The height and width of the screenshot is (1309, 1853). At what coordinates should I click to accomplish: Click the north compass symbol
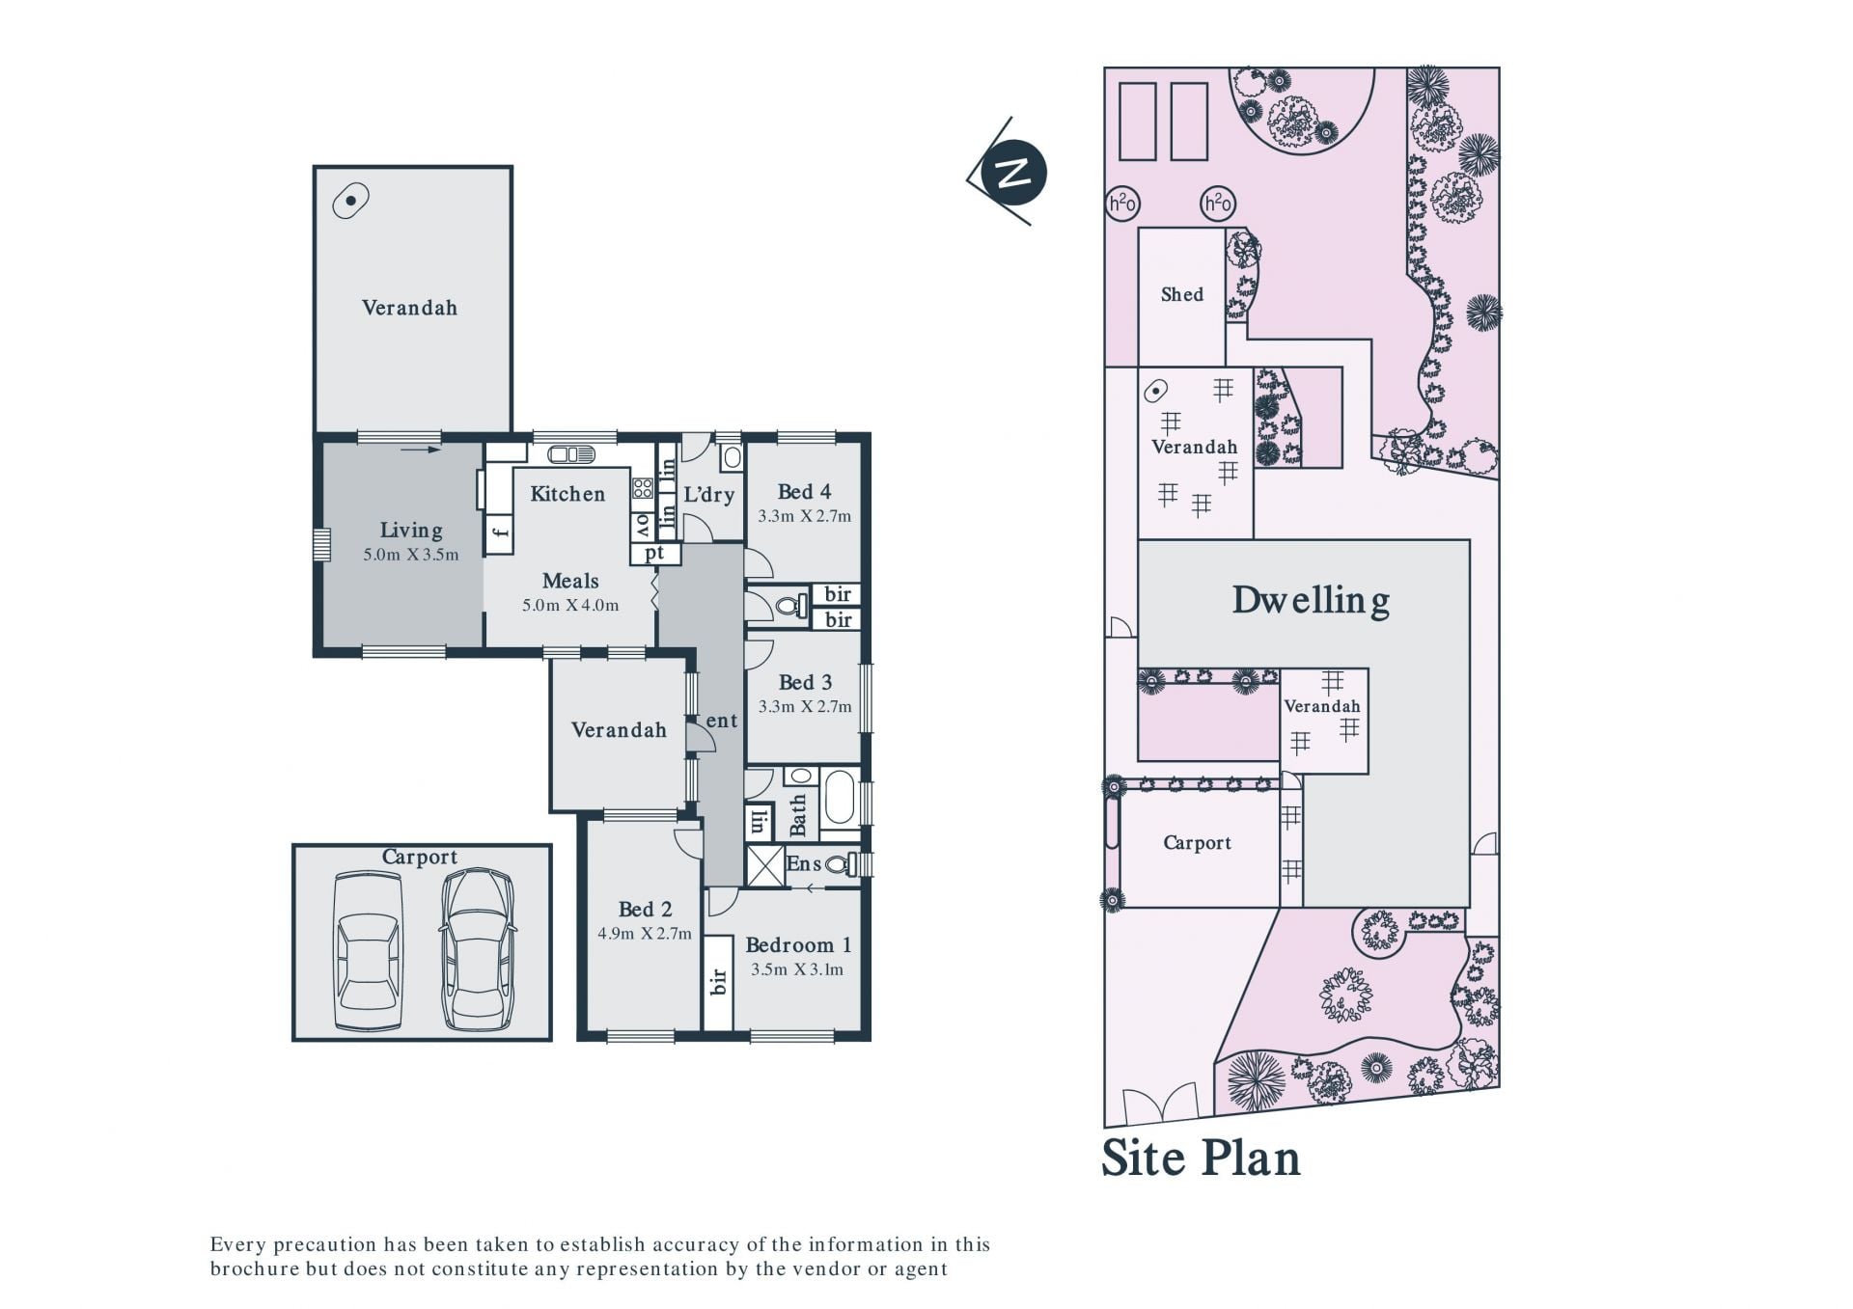[1012, 173]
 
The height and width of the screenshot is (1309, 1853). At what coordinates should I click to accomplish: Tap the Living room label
[411, 530]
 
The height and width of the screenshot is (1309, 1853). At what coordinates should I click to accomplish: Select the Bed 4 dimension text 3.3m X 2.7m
[805, 516]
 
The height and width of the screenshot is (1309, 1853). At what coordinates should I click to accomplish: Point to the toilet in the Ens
[840, 864]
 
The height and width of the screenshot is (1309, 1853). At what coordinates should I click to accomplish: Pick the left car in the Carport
[368, 951]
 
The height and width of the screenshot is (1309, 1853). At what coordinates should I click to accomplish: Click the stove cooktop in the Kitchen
[643, 488]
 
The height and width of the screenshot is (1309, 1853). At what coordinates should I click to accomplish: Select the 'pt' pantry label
[655, 554]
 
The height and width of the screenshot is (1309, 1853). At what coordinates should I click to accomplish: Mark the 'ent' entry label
[722, 721]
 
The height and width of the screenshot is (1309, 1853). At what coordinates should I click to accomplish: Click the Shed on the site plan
[1182, 295]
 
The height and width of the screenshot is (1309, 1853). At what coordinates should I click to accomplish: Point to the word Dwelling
[1312, 600]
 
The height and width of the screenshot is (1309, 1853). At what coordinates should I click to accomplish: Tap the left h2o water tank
[1121, 204]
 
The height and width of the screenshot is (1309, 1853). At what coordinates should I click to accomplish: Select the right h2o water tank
[1218, 204]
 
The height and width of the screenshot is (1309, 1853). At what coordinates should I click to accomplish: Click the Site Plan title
[1202, 1158]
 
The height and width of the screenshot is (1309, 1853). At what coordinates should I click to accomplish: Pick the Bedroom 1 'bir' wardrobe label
[718, 982]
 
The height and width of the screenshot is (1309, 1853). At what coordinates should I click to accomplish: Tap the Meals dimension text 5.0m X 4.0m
[570, 606]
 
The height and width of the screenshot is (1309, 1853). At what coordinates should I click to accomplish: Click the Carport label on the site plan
[1198, 843]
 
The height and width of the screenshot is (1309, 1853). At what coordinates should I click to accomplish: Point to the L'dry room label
[709, 495]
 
